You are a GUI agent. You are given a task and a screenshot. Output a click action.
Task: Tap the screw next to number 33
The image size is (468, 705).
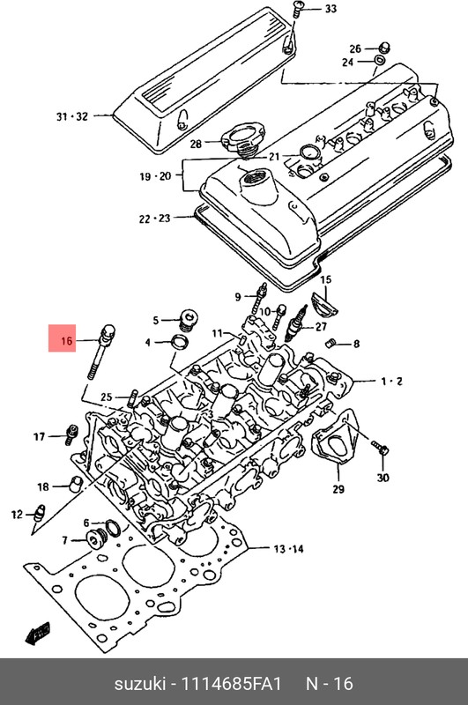tap(299, 10)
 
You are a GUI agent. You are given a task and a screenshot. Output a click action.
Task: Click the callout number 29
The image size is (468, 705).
tap(338, 489)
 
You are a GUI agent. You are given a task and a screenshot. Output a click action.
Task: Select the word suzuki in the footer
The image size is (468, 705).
tap(140, 684)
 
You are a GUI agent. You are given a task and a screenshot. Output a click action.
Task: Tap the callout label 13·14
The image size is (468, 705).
tap(287, 549)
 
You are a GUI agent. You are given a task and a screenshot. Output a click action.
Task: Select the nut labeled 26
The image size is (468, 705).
tap(384, 47)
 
